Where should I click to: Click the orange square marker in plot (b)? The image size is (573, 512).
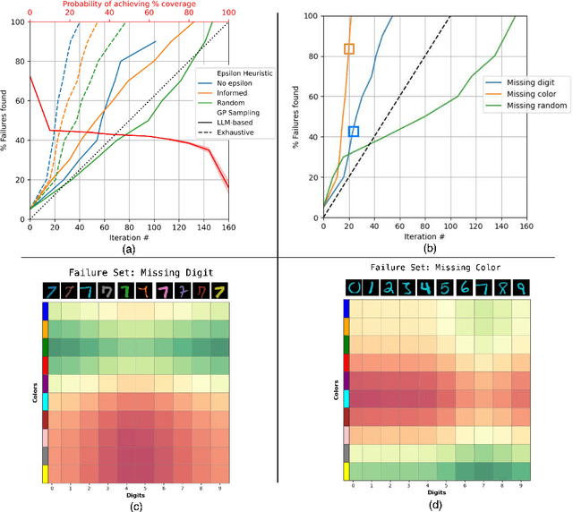coord(349,49)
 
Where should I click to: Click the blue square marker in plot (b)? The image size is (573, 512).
coord(354,132)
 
